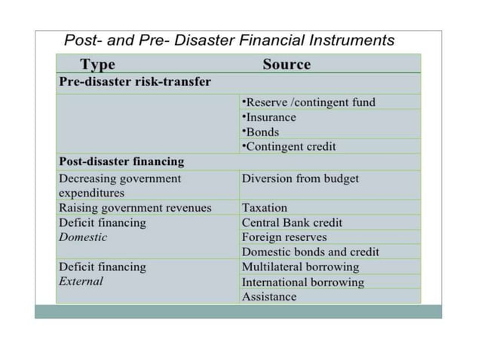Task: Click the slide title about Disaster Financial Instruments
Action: tap(229, 39)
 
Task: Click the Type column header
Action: tap(97, 65)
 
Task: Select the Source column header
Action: tap(286, 65)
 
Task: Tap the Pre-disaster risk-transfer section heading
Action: tap(135, 81)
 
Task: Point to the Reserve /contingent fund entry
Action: tap(308, 102)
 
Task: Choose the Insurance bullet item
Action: tap(269, 117)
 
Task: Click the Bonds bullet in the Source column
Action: tap(261, 132)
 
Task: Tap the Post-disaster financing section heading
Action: tap(121, 161)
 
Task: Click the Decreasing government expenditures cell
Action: tap(120, 185)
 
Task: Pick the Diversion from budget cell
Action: tap(300, 179)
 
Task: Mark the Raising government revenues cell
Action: tap(135, 208)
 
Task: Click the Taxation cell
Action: tap(265, 208)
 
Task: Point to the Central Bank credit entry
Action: tap(292, 223)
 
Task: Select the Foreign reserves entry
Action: tap(284, 237)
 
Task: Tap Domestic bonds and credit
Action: tap(311, 252)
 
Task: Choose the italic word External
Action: tap(81, 282)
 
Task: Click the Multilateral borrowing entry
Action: tap(300, 267)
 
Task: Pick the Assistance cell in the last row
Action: tap(269, 297)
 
